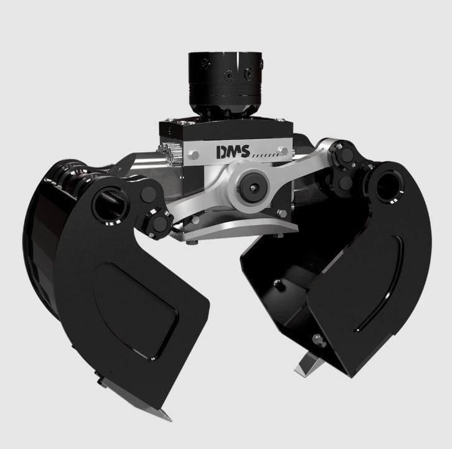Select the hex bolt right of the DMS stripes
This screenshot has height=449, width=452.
[283, 150]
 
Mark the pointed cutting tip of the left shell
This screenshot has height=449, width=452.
[163, 415]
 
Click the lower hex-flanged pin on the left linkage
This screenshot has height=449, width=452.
[160, 222]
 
